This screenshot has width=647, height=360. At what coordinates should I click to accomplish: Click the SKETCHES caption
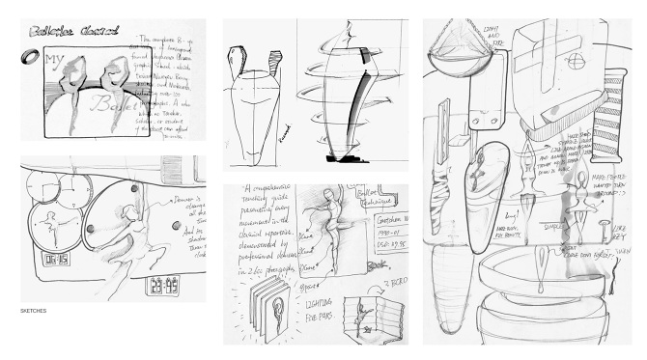(x=34, y=312)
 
